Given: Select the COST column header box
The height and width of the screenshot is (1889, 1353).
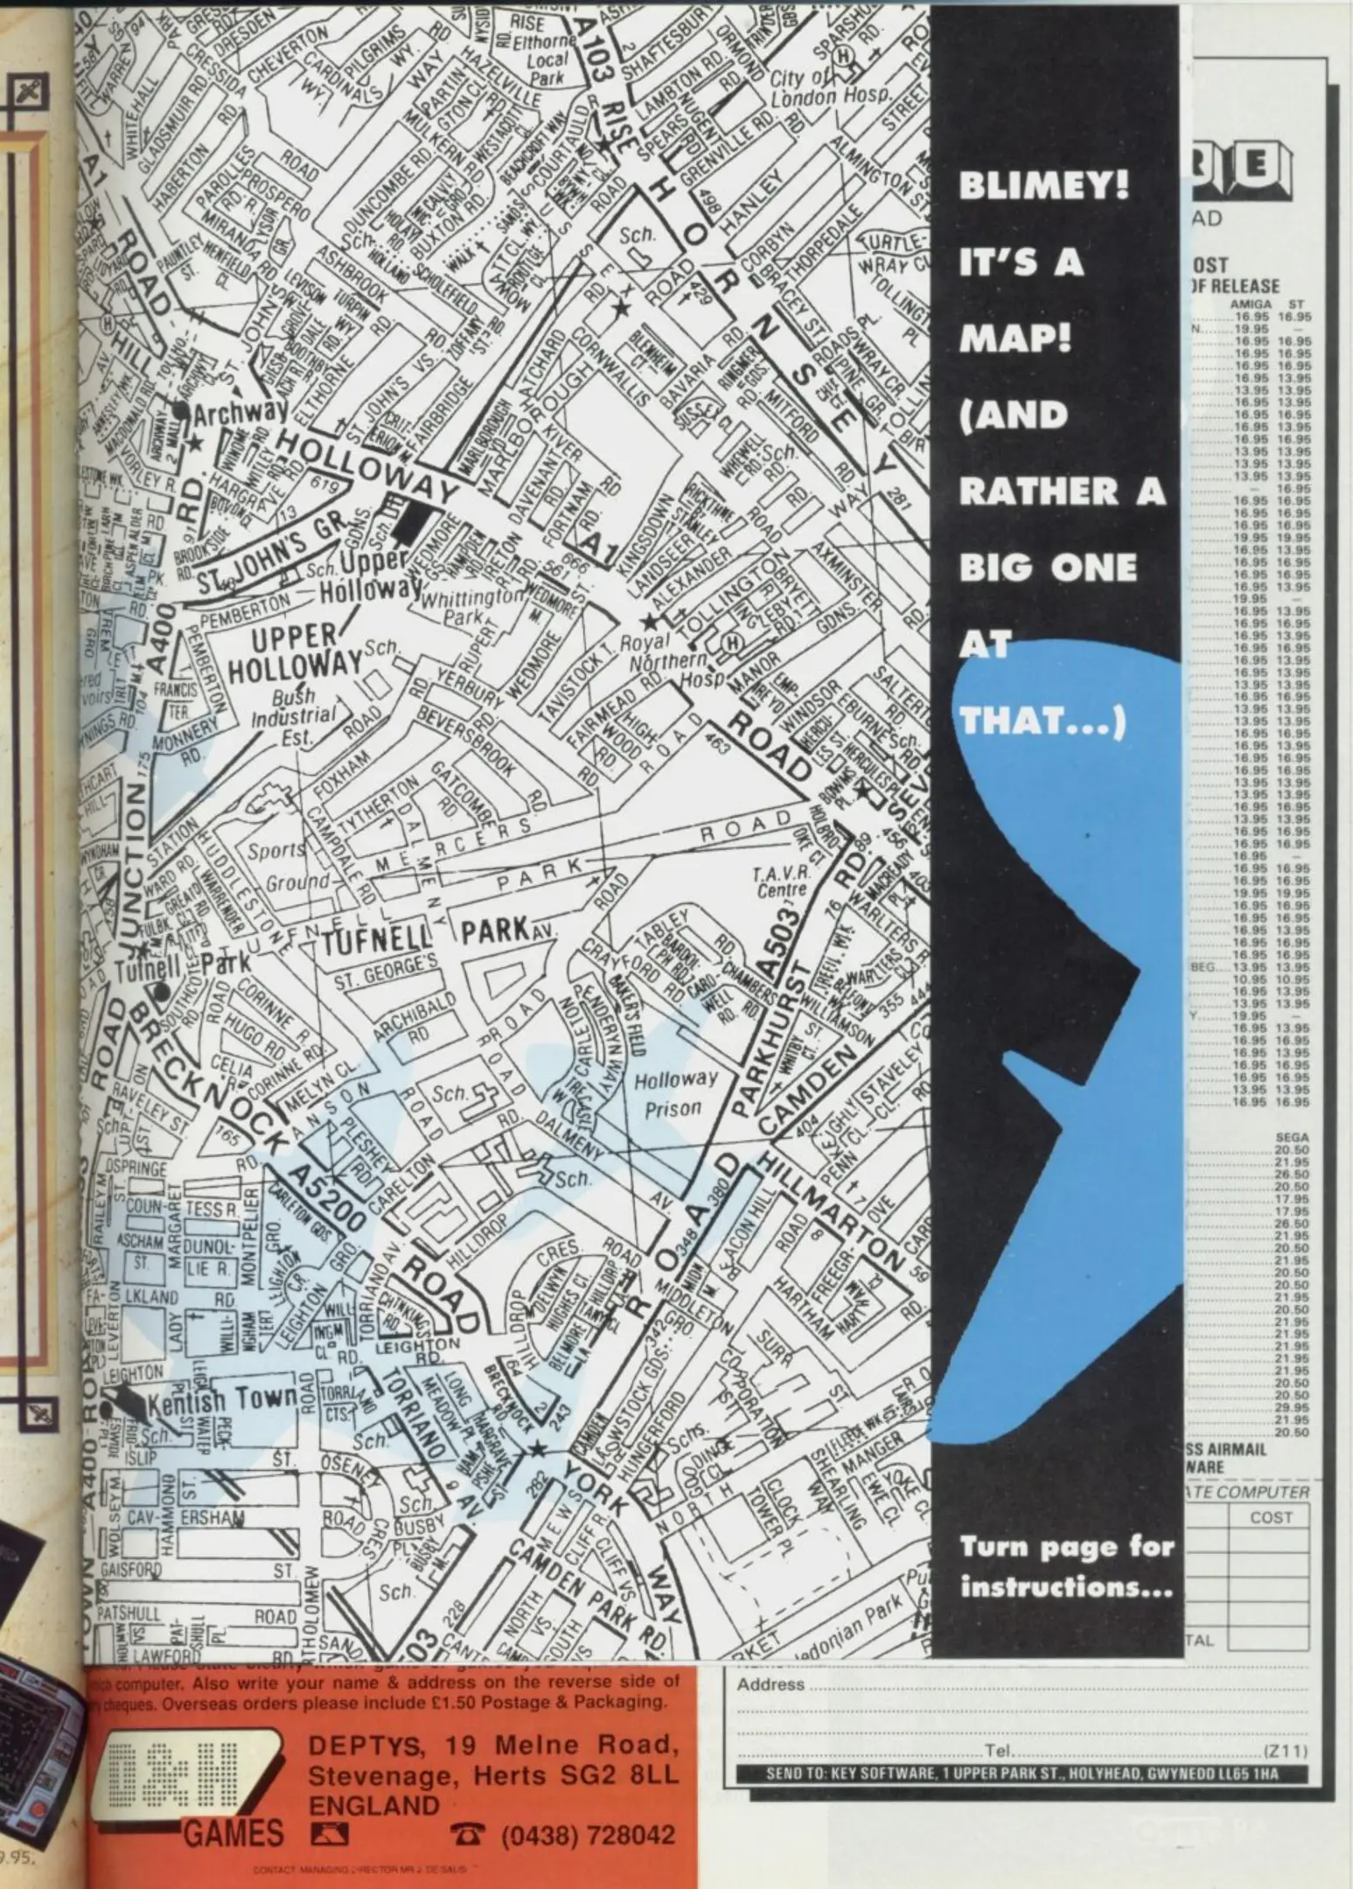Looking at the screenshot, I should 1271,1516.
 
